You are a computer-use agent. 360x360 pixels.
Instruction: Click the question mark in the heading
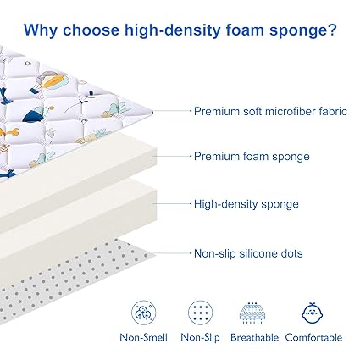pos(332,30)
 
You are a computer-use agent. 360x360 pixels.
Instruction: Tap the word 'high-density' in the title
pos(172,30)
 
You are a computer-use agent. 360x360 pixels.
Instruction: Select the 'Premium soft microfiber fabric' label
pos(270,111)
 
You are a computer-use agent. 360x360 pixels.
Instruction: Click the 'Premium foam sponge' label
pos(252,157)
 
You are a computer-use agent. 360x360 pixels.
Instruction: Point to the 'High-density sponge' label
pos(246,204)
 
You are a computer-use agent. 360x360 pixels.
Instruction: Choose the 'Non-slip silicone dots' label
pos(248,253)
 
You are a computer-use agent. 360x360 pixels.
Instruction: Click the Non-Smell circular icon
pos(144,313)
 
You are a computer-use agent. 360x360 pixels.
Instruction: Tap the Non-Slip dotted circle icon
pos(200,313)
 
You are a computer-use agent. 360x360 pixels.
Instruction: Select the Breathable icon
pos(252,313)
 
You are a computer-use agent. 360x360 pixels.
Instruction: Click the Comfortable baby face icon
pos(313,313)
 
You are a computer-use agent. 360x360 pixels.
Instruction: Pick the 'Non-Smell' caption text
pos(144,337)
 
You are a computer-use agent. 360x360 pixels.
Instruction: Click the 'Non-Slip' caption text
pos(200,337)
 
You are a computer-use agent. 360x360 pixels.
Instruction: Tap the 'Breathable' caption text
pos(254,337)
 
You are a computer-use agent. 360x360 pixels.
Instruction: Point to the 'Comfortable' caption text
pos(313,337)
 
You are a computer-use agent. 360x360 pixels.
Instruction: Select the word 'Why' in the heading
pos(41,30)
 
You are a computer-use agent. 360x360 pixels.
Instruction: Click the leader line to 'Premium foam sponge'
pos(172,156)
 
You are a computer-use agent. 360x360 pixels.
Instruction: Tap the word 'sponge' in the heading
pos(297,31)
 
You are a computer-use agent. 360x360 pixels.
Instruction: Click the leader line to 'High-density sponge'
pos(172,203)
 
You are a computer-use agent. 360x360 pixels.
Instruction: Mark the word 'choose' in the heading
pos(91,30)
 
